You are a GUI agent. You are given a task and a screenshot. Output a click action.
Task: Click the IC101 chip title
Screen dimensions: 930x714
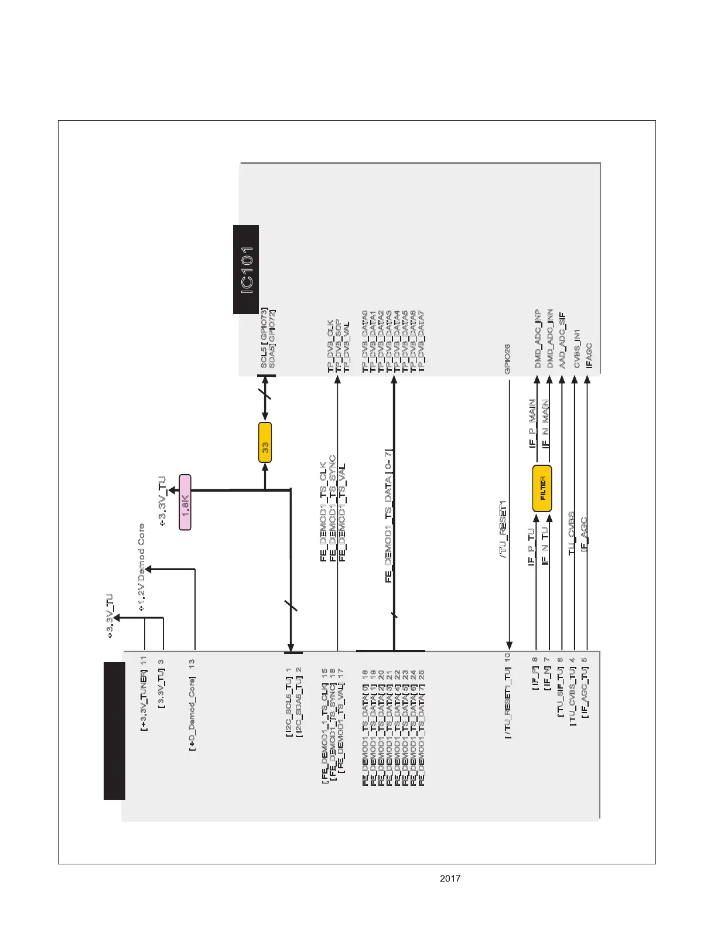247,270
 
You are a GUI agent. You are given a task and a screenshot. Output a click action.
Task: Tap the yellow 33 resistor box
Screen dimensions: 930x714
265,442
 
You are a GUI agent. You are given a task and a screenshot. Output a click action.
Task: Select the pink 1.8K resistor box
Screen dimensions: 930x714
185,503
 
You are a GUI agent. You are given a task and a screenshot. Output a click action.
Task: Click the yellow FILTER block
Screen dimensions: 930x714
542,489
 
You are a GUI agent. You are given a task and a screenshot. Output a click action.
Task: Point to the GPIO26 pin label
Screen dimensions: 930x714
507,359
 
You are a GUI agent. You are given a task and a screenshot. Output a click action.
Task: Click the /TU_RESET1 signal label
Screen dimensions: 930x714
503,529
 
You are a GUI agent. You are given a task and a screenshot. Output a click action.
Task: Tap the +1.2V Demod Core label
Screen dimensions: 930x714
141,568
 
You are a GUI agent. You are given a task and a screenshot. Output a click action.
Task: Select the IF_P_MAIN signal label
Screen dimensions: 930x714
532,423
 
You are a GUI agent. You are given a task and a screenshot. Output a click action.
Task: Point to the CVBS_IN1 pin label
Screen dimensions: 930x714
577,348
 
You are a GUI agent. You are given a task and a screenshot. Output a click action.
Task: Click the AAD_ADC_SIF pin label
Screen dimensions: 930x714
562,340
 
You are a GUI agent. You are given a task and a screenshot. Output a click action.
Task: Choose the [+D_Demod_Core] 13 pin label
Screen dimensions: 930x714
192,705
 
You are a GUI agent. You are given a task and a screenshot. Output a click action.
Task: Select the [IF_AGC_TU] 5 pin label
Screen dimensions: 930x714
585,687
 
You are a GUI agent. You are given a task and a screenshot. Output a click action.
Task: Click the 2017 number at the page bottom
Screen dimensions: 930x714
450,878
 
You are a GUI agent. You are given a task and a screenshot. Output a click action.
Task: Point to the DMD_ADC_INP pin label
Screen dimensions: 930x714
538,339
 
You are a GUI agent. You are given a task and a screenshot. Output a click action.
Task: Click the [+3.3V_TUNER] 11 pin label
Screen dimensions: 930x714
143,693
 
